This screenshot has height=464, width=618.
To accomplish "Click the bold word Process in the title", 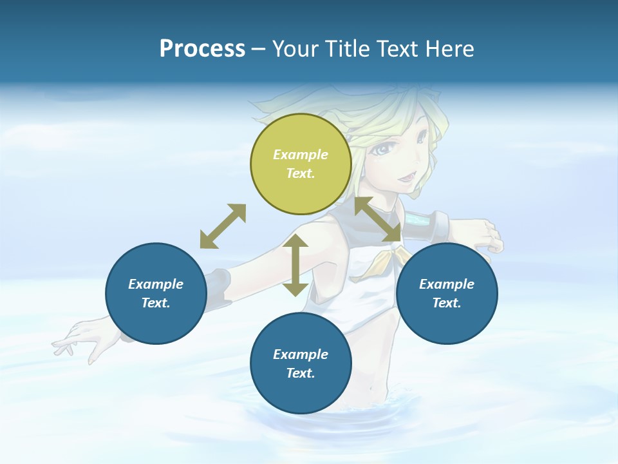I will point(202,49).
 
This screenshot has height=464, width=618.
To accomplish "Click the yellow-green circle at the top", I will point(301,164).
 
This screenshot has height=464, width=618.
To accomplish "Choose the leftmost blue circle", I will point(156,293).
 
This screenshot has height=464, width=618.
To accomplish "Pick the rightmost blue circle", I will point(447,293).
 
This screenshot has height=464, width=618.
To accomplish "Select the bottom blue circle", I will point(301,363).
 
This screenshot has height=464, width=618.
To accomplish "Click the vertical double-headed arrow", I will point(295,265).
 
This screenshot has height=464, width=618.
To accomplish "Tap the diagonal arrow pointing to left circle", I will point(223,226).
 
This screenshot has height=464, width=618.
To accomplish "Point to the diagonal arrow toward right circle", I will point(378,219).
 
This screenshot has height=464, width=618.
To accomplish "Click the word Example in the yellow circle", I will point(301,155).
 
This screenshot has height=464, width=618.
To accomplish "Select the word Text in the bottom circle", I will point(299,373).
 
